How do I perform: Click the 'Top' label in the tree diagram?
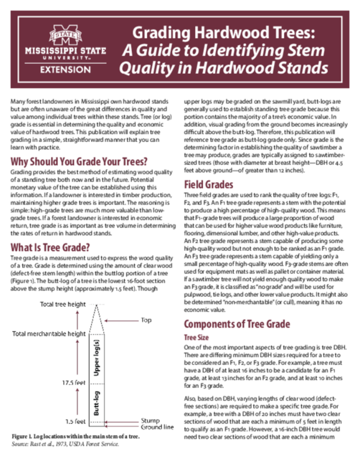(146, 319)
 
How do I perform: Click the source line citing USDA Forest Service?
(65, 444)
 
